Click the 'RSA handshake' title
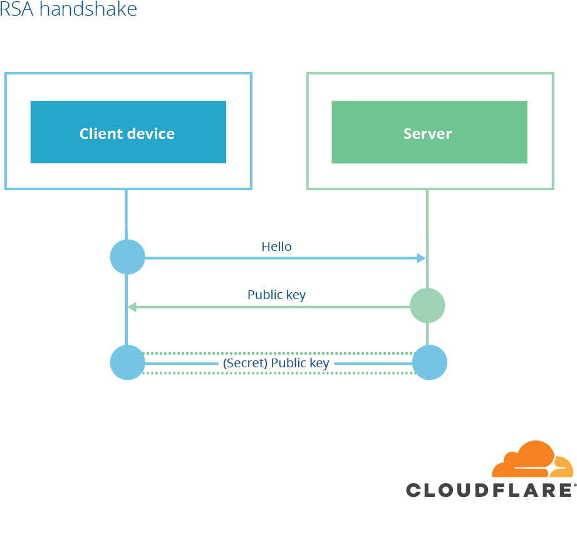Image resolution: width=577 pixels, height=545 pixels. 68,9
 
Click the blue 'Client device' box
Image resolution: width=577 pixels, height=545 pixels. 128,132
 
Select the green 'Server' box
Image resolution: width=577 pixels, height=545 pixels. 429,132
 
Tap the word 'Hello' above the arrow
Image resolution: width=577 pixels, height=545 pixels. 276,247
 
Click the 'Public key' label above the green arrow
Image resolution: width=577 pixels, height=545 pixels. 276,294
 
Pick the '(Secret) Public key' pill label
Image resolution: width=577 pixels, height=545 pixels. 276,363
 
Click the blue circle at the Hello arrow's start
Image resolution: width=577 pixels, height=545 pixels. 127,257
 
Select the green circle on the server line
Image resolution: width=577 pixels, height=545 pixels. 427,306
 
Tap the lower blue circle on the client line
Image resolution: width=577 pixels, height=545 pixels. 127,362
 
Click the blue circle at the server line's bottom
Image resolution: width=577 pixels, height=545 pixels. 430,362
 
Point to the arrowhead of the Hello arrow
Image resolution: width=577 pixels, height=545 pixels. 422,257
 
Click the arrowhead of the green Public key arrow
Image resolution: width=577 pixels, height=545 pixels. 132,307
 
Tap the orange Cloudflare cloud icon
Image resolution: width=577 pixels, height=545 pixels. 533,460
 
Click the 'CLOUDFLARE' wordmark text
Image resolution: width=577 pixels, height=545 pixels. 490,489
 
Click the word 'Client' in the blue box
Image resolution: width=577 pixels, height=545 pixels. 100,133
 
